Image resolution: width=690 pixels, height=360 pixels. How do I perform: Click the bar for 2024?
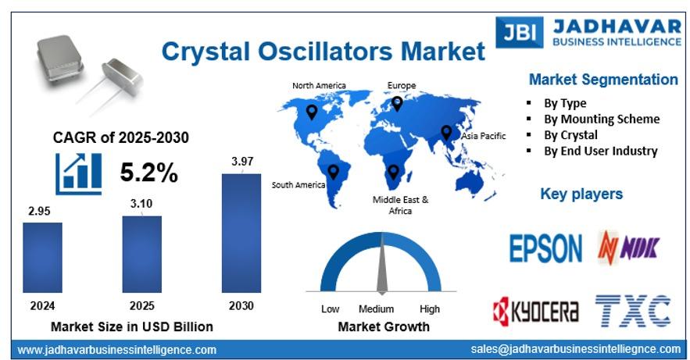click(x=42, y=258)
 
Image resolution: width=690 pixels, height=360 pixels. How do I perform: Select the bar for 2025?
click(x=141, y=254)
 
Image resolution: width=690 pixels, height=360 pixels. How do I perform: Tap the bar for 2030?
click(x=241, y=233)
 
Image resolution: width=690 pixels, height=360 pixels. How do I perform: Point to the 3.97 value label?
click(x=242, y=162)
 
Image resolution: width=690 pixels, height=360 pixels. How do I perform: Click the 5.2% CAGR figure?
click(x=148, y=172)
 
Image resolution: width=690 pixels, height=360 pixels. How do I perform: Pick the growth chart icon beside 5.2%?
click(x=79, y=173)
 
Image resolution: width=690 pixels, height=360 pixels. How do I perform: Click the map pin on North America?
click(x=312, y=112)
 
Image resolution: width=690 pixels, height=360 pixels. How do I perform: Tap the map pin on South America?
click(x=333, y=172)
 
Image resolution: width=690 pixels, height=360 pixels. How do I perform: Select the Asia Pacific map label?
click(x=483, y=136)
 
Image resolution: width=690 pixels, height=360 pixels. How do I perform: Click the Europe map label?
click(x=402, y=85)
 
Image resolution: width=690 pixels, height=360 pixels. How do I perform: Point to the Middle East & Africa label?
click(x=400, y=205)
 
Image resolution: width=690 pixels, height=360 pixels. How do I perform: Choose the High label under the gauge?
click(x=430, y=309)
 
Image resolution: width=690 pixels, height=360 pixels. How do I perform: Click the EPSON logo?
click(x=545, y=248)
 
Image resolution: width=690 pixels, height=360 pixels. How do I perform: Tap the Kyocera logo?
click(x=535, y=312)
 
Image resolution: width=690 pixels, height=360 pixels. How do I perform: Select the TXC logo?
click(x=633, y=311)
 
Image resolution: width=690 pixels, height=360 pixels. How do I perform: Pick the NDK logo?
click(x=628, y=248)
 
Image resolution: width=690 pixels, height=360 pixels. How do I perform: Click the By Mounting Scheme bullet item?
click(x=602, y=119)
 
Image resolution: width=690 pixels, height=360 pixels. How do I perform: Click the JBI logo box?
click(x=520, y=32)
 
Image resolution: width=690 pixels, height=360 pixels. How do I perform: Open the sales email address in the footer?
click(x=576, y=349)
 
